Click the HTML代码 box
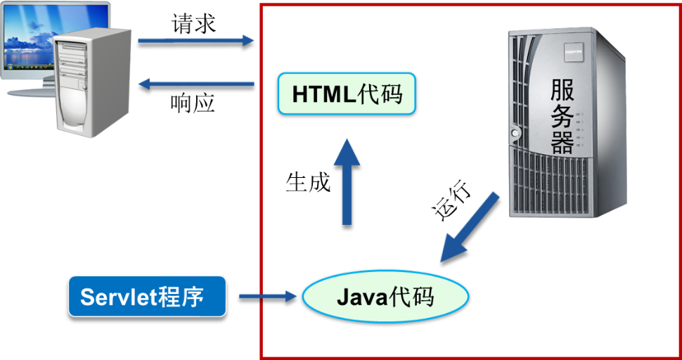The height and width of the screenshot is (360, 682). (347, 94)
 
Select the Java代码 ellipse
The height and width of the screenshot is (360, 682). (385, 296)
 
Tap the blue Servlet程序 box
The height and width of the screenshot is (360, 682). (147, 296)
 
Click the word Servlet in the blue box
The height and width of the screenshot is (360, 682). (117, 297)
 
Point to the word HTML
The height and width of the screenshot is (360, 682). (324, 94)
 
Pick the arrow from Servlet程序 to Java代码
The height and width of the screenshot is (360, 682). (267, 296)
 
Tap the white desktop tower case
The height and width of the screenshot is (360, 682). (91, 84)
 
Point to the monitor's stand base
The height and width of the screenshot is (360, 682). (28, 92)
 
